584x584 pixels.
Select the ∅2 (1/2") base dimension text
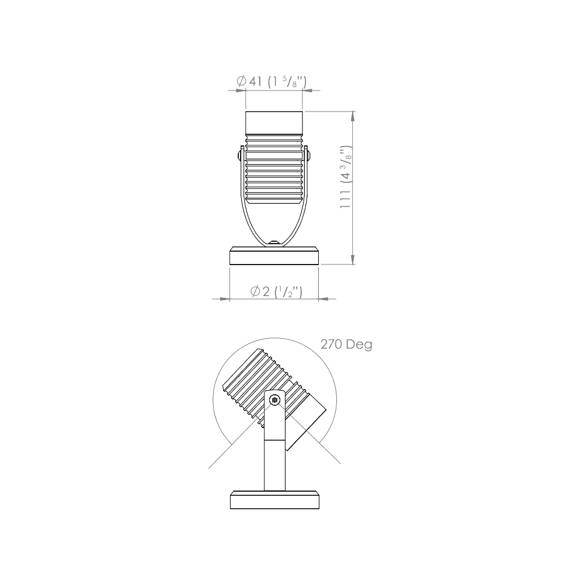coord(276,291)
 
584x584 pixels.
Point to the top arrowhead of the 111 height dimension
coord(353,116)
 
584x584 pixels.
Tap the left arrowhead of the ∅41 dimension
coord(239,91)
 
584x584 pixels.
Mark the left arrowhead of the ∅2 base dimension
coord(224,299)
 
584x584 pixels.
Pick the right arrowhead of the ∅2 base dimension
coord(324,299)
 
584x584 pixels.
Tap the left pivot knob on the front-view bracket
coord(239,155)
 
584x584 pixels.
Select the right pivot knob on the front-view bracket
coord(309,155)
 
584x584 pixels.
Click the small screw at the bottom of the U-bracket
coord(274,241)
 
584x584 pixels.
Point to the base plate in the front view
coord(274,256)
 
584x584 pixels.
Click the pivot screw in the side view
coord(275,400)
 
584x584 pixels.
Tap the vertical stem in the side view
coord(274,464)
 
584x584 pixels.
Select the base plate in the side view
coord(274,500)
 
